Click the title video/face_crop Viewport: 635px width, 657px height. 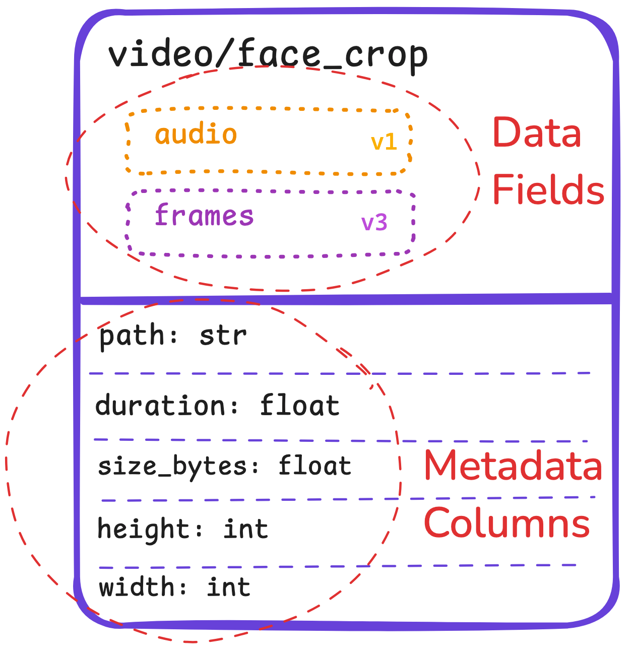point(268,54)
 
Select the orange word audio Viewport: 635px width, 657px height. point(196,135)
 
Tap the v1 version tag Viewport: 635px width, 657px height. point(384,143)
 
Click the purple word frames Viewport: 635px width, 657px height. point(204,216)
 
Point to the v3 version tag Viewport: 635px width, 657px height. point(374,222)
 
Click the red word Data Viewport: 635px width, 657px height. point(537,133)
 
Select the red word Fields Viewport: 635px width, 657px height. point(548,190)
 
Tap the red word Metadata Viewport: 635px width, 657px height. point(513,466)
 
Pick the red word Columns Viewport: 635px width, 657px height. point(506,523)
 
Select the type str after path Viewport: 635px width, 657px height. point(223,336)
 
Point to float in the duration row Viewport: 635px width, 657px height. point(300,406)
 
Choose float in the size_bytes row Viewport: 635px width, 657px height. point(315,466)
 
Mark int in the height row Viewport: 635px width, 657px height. point(245,529)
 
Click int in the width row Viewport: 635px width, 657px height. point(229,587)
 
